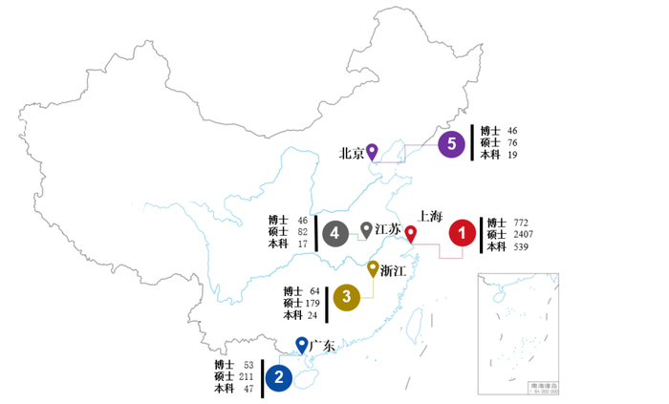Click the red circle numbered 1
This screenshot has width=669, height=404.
462,233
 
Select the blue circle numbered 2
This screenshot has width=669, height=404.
278,377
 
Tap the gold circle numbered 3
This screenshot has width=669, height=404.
346,298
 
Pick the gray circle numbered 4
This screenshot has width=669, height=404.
334,233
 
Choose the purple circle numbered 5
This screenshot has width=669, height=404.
451,145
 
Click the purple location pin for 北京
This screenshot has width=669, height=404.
373,151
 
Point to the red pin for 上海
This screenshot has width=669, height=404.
411,234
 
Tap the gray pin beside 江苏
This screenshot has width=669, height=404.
366,230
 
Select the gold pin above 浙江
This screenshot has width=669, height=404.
374,269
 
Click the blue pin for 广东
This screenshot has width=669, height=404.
302,345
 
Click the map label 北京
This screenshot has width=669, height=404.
352,153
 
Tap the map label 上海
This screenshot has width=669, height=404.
431,217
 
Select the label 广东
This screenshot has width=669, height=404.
323,346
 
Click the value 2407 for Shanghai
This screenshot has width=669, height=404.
523,235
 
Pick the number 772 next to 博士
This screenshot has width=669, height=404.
522,223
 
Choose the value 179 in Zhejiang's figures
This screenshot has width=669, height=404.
313,304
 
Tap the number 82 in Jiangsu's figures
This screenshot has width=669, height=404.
303,232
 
